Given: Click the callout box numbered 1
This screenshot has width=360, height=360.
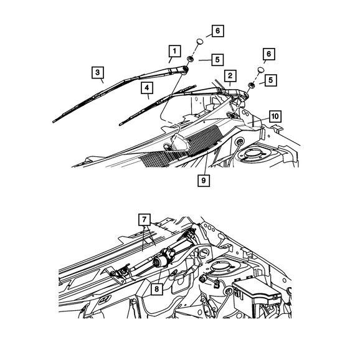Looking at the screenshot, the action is pos(175,51).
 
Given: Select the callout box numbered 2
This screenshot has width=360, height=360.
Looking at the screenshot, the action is pos(230,76).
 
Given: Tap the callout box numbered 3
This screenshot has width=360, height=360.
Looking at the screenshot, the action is pos(98,72).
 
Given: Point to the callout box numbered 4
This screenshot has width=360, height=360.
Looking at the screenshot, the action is pos(147,88).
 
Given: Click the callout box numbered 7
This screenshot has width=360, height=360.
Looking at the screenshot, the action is pos(144,220).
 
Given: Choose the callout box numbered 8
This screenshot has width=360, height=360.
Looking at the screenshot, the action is pos(157,289).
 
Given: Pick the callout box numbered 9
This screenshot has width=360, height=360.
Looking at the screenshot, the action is pos(204,181).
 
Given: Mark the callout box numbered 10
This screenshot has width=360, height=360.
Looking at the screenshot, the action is pos(275,116).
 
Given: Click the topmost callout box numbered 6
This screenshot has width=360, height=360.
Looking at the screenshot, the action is pos(217,31).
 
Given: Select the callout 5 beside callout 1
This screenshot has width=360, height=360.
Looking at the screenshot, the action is pos(217,60).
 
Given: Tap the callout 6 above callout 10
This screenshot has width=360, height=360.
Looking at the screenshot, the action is pos(269,54).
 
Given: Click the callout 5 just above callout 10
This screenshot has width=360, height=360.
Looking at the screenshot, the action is pos(271,80).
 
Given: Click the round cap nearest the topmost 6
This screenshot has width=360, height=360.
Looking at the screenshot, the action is pos(200,42).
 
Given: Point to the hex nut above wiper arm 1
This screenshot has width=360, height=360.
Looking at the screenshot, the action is pos(190,59).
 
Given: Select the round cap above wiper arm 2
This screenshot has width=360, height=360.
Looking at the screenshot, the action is pos(260,70).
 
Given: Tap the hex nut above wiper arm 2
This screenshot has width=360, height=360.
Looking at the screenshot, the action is pos(251,85).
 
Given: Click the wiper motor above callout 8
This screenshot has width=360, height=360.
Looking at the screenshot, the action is pos(163,258).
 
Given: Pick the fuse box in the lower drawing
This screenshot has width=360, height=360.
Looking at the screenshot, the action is pos(256,296).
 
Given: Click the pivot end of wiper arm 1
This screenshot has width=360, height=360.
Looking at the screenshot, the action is pos(185,69).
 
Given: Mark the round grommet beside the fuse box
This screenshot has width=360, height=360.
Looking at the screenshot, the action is pos(229,291).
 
